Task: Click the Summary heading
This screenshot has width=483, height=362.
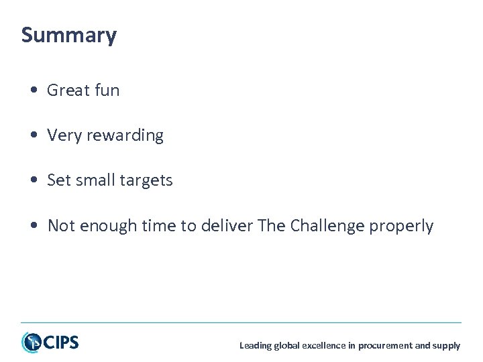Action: pyautogui.click(x=68, y=35)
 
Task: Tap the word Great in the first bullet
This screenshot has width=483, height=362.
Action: pyautogui.click(x=68, y=90)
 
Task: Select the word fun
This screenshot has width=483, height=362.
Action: pyautogui.click(x=107, y=90)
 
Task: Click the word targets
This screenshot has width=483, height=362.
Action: pyautogui.click(x=147, y=180)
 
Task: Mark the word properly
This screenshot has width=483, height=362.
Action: pyautogui.click(x=401, y=227)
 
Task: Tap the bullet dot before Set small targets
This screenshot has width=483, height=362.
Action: pyautogui.click(x=33, y=181)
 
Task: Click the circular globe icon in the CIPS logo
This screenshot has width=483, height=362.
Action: pyautogui.click(x=31, y=343)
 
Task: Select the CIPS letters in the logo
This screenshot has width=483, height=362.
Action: pyautogui.click(x=61, y=343)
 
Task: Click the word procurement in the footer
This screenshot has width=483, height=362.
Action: pyautogui.click(x=385, y=346)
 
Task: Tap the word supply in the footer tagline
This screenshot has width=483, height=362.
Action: pyautogui.click(x=447, y=346)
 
